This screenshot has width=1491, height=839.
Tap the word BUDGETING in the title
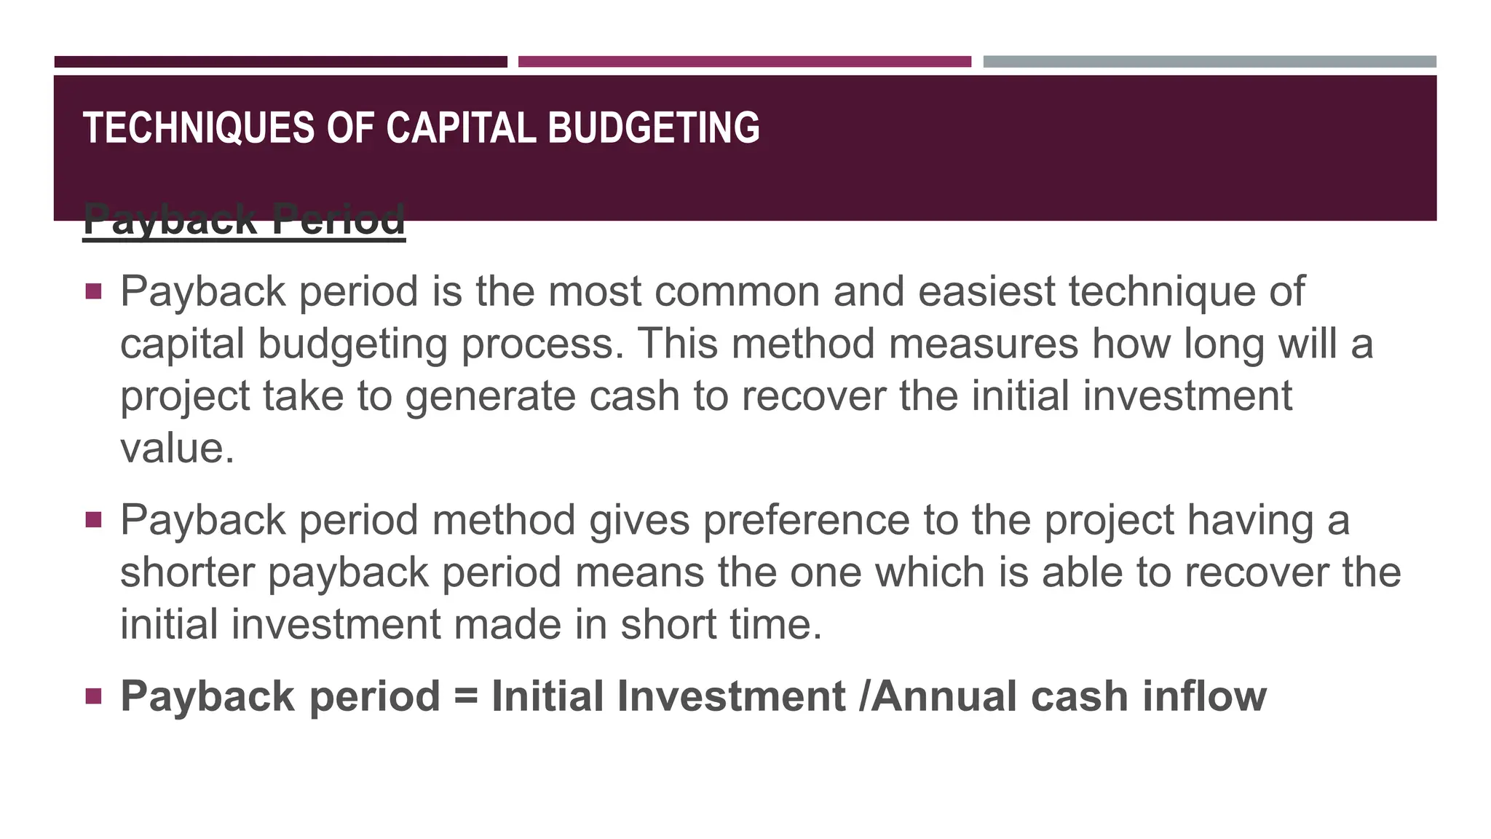point(653,128)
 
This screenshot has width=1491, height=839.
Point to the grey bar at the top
point(1209,62)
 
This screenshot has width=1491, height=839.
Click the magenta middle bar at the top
point(744,62)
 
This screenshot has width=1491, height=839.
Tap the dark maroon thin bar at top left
point(280,62)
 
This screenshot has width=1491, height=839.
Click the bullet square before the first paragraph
point(93,292)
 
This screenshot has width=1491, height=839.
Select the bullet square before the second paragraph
point(93,520)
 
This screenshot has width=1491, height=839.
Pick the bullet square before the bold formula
point(93,696)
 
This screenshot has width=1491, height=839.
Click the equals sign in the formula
point(466,697)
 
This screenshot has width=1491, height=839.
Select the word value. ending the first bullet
point(177,448)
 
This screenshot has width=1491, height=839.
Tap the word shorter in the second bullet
point(187,572)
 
